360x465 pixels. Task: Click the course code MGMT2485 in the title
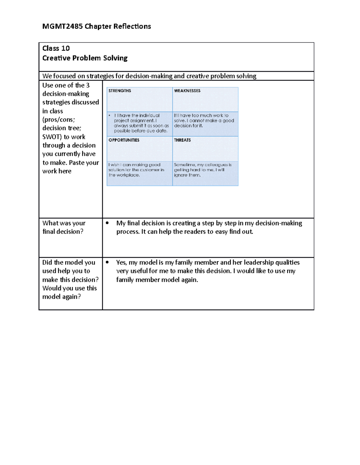[x=62, y=26]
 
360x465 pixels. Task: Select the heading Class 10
[x=56, y=48]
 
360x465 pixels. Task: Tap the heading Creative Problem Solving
[x=85, y=58]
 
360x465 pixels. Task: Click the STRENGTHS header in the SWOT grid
[x=120, y=91]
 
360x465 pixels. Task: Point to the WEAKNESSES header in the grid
[x=187, y=91]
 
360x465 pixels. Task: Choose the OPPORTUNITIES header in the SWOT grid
[x=124, y=140]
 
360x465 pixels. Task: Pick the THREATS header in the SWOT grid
[x=182, y=140]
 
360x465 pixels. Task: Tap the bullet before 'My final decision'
[x=107, y=223]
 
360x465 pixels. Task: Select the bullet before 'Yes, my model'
[x=107, y=262]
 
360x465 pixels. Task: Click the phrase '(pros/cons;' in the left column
[x=58, y=119]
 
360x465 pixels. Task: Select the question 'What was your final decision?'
[x=64, y=227]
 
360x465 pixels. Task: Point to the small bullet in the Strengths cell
[x=110, y=116]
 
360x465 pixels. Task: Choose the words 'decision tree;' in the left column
[x=62, y=128]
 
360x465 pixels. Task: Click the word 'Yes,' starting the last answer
[x=121, y=262]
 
